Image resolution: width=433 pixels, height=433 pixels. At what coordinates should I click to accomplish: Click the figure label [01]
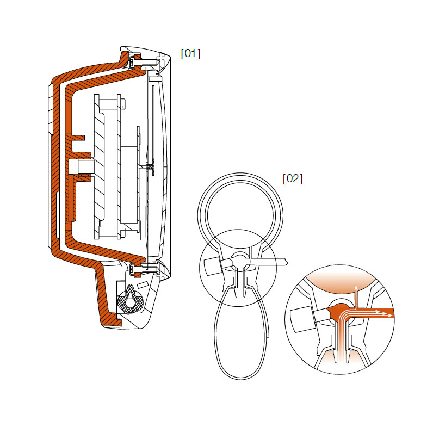(x=190, y=53)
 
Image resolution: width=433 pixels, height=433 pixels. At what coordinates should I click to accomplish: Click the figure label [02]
(x=293, y=178)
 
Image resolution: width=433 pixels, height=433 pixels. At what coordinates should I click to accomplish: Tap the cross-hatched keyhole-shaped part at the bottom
(x=132, y=298)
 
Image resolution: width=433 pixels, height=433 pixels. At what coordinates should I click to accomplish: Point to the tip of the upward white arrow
(x=356, y=286)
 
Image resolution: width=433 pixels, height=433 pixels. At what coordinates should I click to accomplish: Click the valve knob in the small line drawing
(x=212, y=267)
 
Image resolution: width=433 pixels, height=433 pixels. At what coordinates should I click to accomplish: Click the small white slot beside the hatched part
(x=142, y=283)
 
